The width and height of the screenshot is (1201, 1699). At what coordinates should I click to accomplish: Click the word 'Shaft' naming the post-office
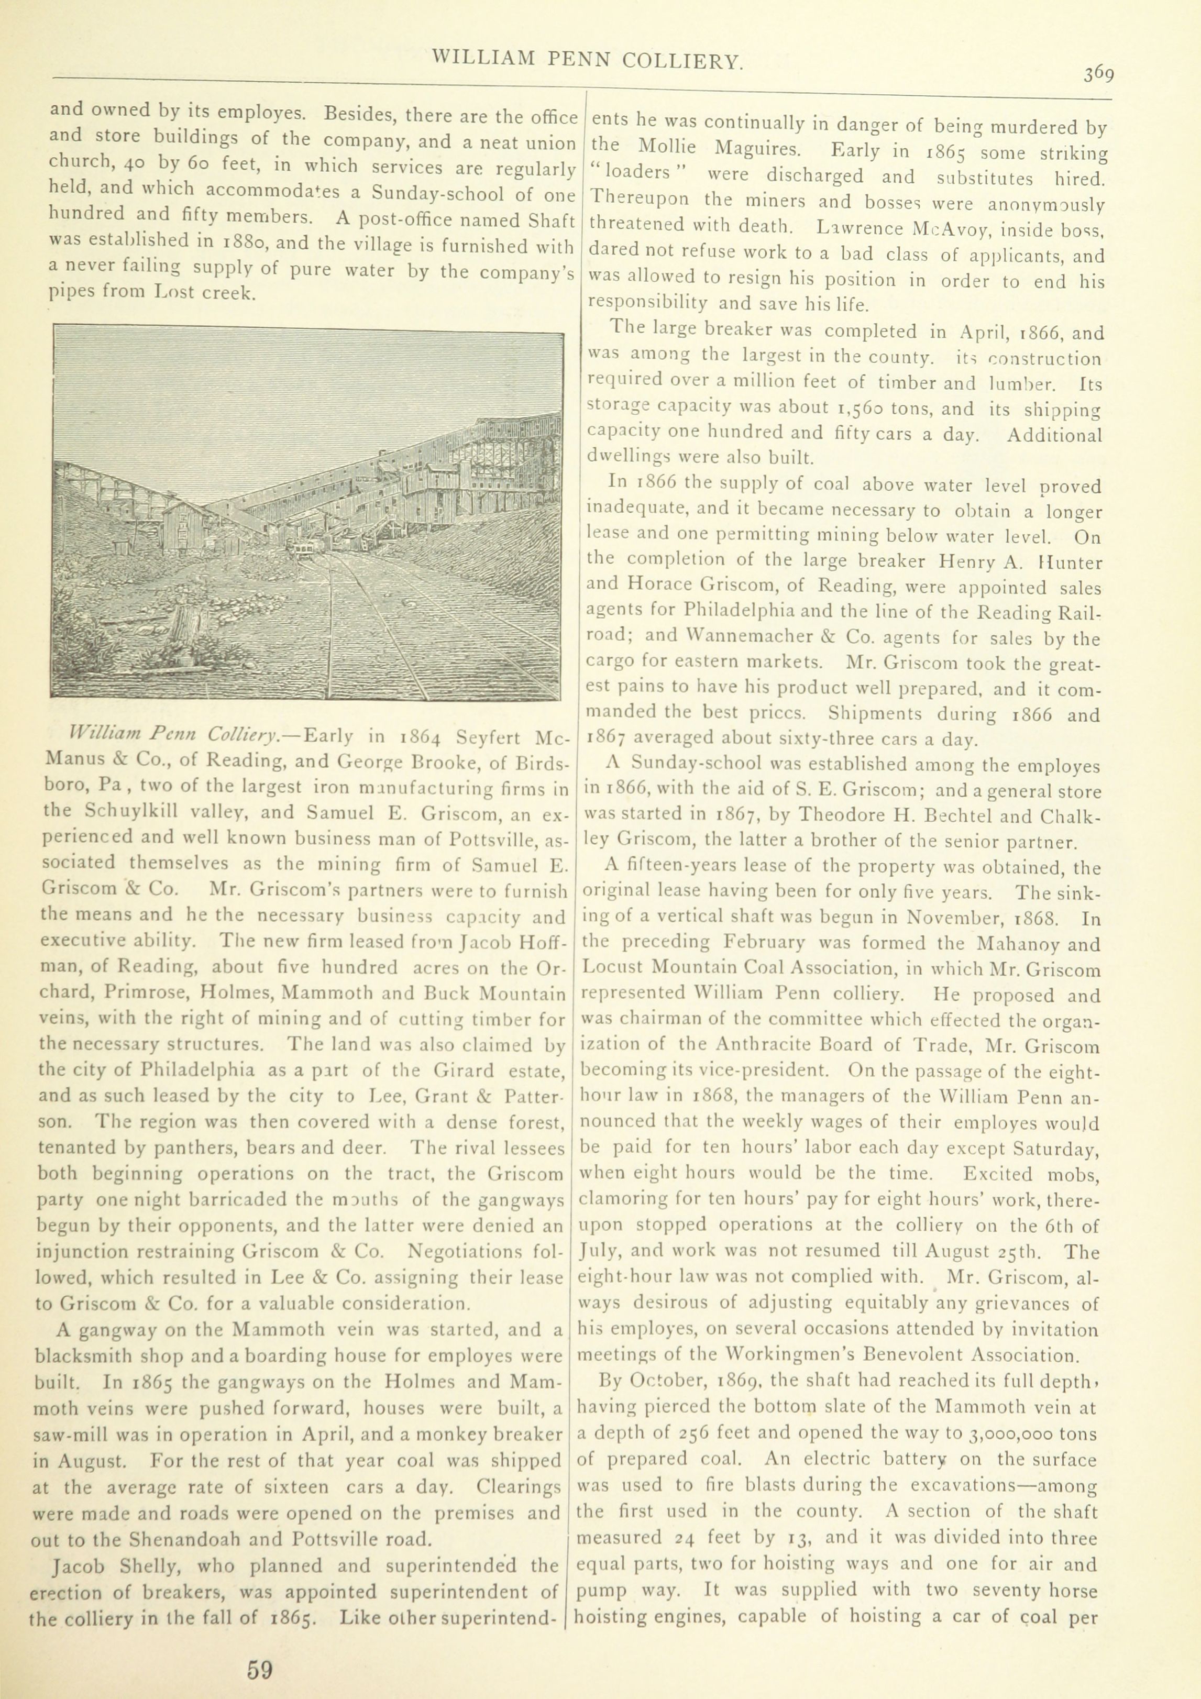(x=552, y=220)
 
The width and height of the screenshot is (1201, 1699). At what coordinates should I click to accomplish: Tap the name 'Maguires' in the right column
(x=756, y=148)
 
